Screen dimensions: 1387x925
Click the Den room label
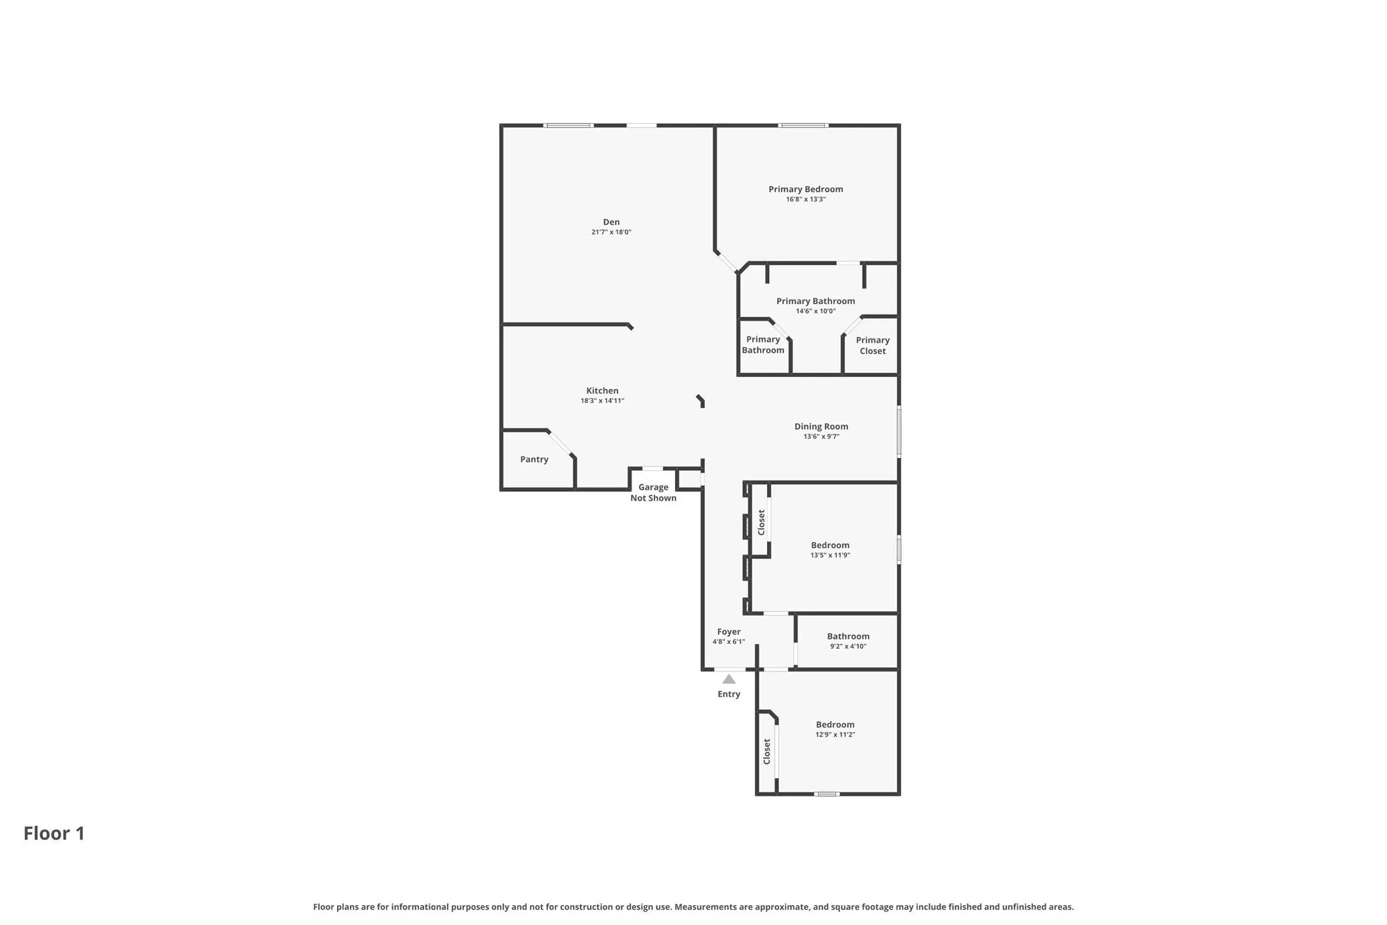(x=611, y=222)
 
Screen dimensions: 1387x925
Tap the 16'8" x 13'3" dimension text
(x=805, y=199)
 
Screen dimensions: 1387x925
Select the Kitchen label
(x=602, y=391)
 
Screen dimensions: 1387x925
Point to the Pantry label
(x=534, y=459)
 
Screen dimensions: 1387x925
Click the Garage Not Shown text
(x=653, y=493)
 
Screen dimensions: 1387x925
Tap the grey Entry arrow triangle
(x=729, y=679)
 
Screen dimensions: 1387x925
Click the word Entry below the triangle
(x=729, y=694)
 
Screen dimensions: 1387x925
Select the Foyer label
(x=729, y=632)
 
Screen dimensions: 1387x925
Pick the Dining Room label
(x=821, y=427)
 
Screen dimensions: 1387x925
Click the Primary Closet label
(x=872, y=346)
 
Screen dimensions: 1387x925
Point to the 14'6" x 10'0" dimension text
(x=815, y=312)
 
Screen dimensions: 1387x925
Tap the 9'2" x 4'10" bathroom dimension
(x=848, y=646)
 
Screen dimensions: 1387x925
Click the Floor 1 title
(x=54, y=833)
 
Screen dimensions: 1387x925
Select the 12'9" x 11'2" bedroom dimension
(x=835, y=735)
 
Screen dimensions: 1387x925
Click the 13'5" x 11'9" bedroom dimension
(x=830, y=556)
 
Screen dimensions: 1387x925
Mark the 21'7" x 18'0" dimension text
(x=611, y=233)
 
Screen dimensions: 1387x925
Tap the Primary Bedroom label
(x=805, y=189)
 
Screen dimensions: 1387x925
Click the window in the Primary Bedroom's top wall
(x=803, y=125)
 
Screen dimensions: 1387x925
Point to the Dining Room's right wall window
(x=899, y=432)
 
